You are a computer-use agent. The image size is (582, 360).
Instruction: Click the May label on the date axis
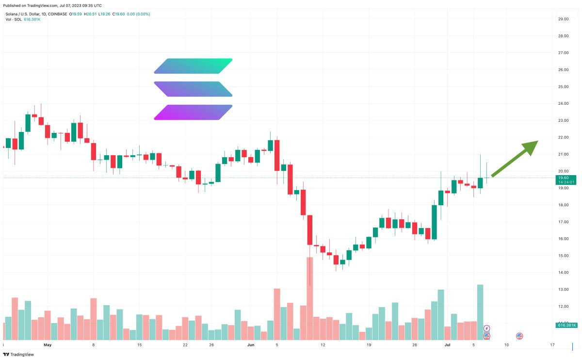[47, 345]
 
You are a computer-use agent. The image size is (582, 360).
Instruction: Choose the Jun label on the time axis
[251, 345]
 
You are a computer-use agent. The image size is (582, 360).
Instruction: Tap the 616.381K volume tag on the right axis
[566, 325]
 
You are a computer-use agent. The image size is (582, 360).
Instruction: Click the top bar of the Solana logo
[193, 66]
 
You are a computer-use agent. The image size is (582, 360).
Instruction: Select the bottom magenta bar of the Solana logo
[193, 112]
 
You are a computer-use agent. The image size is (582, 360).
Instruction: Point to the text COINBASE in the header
[58, 14]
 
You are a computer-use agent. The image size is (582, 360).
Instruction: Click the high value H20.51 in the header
[91, 14]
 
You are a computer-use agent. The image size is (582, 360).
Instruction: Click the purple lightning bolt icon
[487, 328]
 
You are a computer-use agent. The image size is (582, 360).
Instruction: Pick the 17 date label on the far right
[552, 345]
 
